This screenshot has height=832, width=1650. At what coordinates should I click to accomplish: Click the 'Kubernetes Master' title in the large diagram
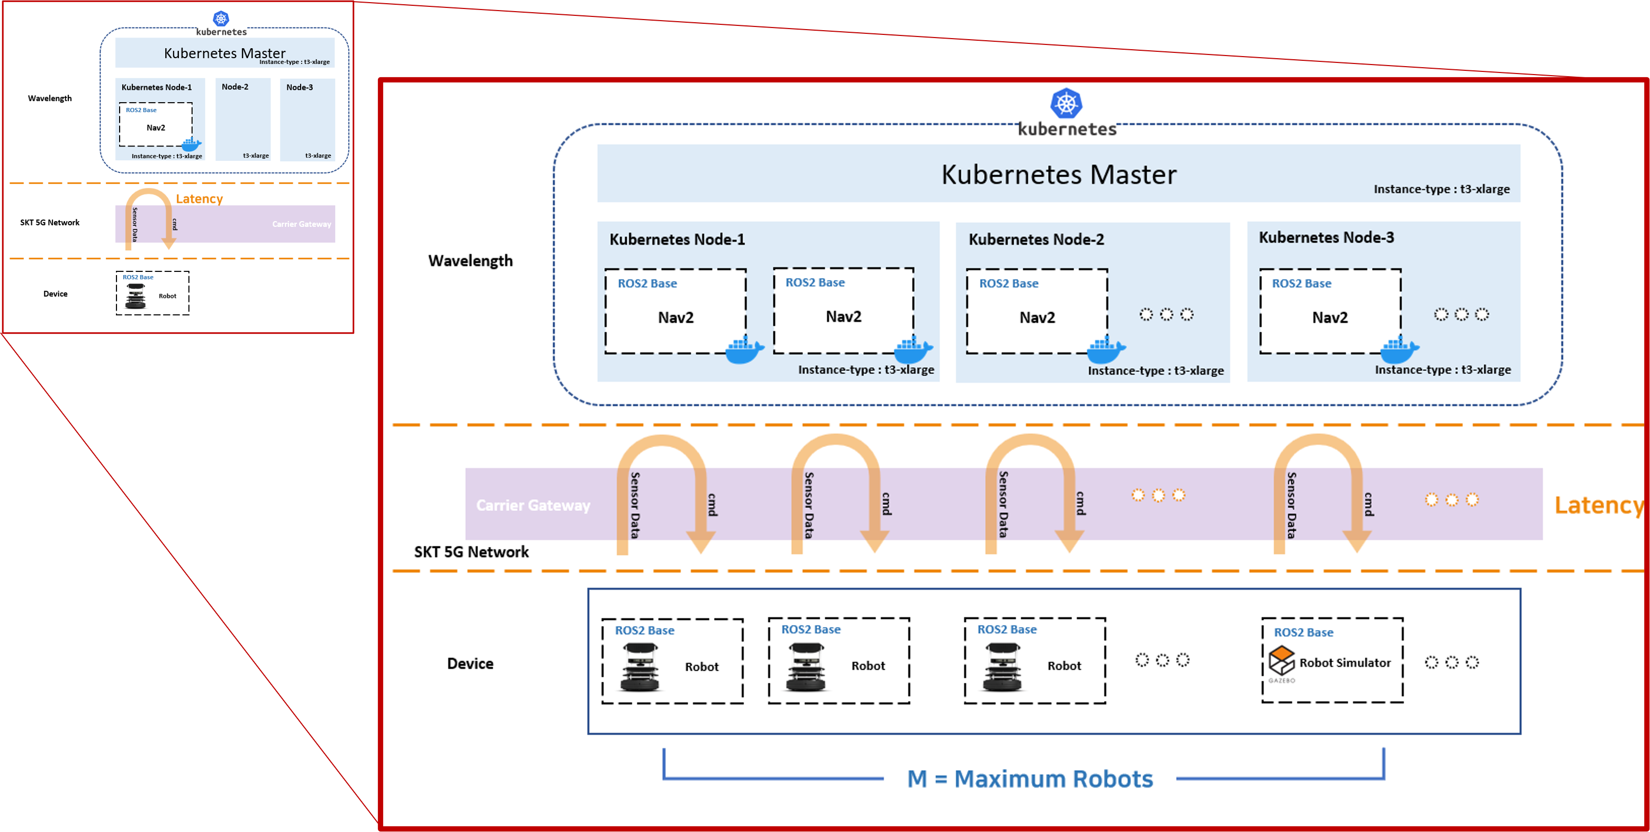(x=1059, y=174)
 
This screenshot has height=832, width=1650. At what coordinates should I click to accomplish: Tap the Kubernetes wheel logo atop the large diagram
(x=1067, y=103)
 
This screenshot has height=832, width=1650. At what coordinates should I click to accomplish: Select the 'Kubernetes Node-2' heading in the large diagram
(x=1036, y=240)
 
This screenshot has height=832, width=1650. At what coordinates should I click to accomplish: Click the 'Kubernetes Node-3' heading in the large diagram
(x=1327, y=237)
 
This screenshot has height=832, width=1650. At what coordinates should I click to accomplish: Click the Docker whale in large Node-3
(x=1400, y=349)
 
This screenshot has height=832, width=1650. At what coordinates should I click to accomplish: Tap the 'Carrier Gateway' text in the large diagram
(x=533, y=506)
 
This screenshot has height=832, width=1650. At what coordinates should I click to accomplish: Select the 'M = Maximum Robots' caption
(x=1030, y=779)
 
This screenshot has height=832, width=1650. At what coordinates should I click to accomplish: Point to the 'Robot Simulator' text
(x=1345, y=662)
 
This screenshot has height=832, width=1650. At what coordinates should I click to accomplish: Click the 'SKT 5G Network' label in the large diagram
(x=472, y=552)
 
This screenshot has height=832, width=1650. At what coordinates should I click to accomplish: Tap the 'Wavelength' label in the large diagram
(x=471, y=260)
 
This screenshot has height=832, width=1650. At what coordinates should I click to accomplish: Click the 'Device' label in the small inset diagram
(x=55, y=294)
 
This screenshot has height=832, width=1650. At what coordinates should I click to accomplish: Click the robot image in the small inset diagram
(x=136, y=296)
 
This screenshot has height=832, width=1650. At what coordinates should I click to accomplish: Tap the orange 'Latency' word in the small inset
(x=199, y=199)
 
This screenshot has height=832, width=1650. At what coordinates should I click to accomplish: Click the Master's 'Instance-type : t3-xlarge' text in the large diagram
(x=1442, y=189)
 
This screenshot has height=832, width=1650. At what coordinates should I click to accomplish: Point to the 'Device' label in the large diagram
(x=470, y=664)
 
